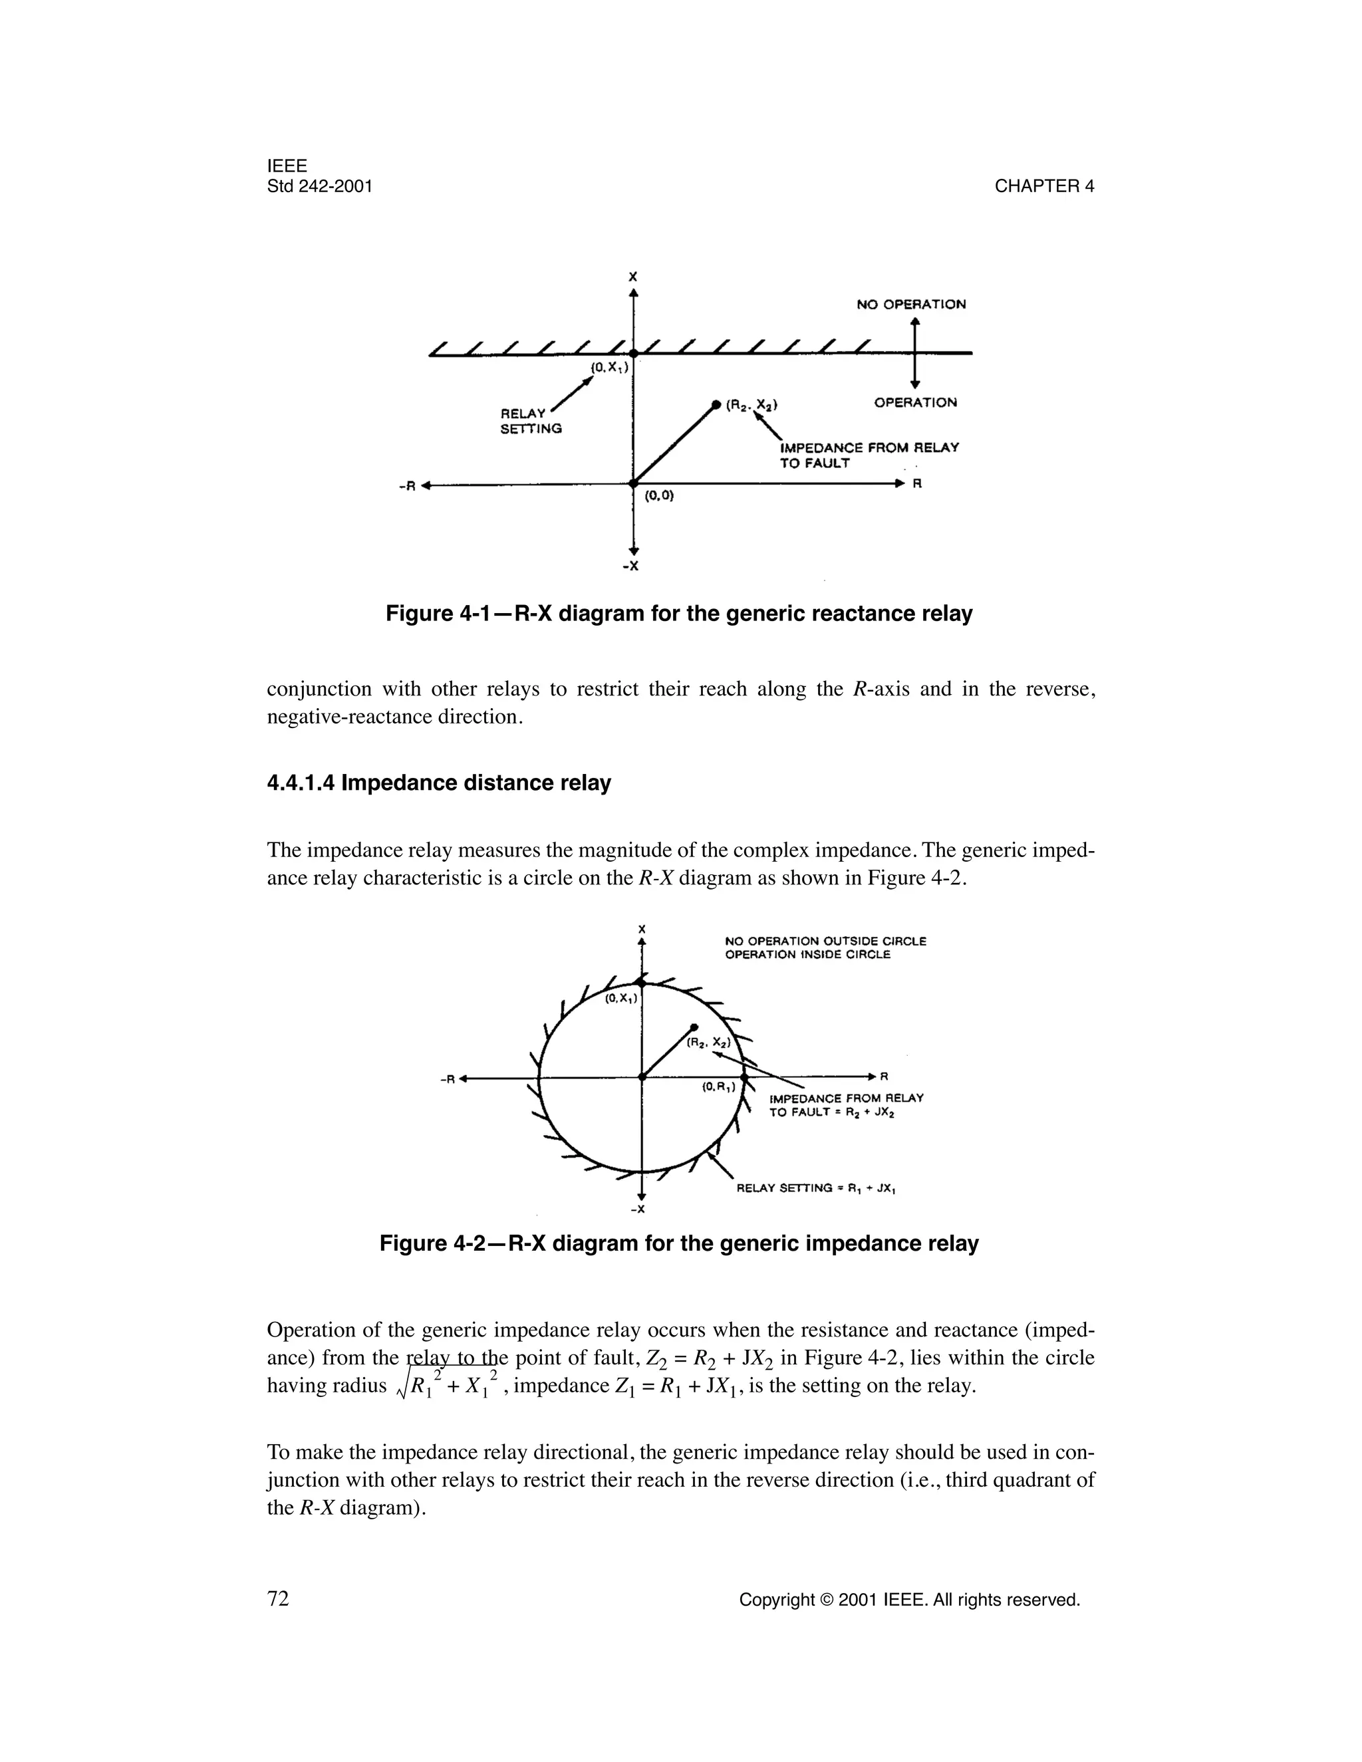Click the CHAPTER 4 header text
coord(1043,186)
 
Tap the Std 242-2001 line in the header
coord(319,186)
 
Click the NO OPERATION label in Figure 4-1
coord(911,304)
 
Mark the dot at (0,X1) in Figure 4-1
coord(633,353)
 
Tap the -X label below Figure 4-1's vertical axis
coord(631,566)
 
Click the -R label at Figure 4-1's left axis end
coord(408,485)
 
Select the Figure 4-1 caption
coord(678,614)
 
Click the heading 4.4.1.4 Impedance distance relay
coord(438,783)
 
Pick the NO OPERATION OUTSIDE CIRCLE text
coord(825,941)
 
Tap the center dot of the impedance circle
coord(642,1077)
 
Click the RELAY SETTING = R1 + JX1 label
coord(817,1188)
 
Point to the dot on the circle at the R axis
coord(745,1077)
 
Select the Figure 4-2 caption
coord(678,1243)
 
